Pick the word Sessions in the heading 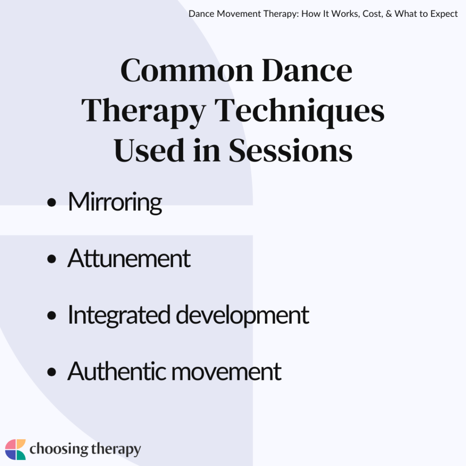pos(290,151)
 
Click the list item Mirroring pos(115,202)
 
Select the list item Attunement pos(129,258)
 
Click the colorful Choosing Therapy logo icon pos(15,450)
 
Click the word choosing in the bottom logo pos(58,450)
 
